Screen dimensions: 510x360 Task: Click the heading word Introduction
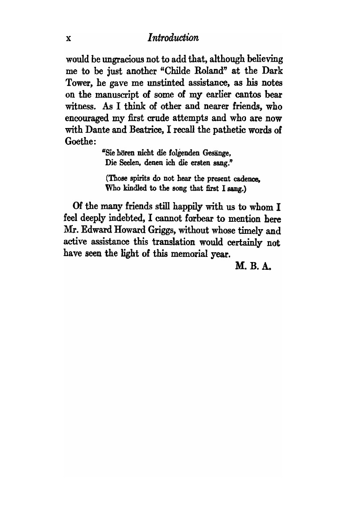click(173, 38)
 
